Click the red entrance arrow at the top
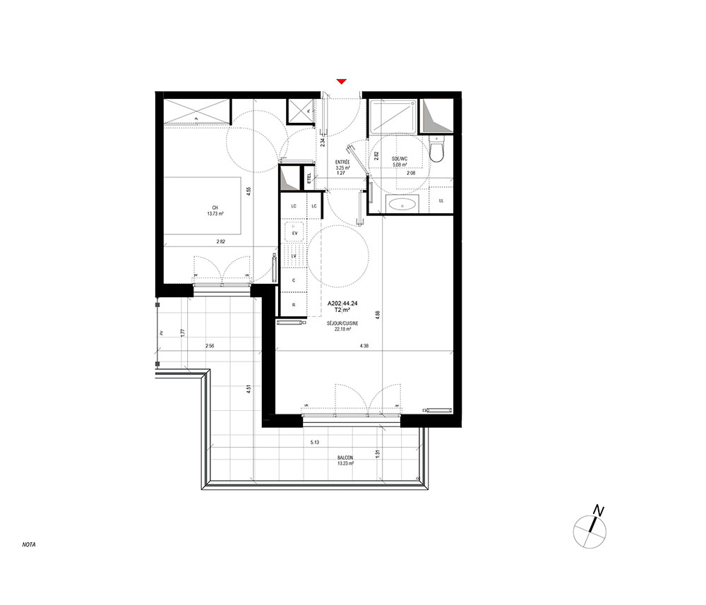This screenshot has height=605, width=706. point(341,82)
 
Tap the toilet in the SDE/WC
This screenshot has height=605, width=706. point(438,150)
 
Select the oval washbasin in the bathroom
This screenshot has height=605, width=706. point(402,205)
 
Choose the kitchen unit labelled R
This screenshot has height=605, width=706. point(294,305)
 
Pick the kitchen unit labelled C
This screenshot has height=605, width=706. point(294,280)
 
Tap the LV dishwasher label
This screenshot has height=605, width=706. point(294,255)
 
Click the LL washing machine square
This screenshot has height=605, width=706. point(442,201)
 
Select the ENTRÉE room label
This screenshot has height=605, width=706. point(343,162)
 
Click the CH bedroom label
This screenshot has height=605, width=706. point(214,208)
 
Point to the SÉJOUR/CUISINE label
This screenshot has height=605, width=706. point(343,323)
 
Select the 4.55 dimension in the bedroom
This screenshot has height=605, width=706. point(249,191)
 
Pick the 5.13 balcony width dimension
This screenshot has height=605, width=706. point(316,443)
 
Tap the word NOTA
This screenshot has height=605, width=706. point(29,545)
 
